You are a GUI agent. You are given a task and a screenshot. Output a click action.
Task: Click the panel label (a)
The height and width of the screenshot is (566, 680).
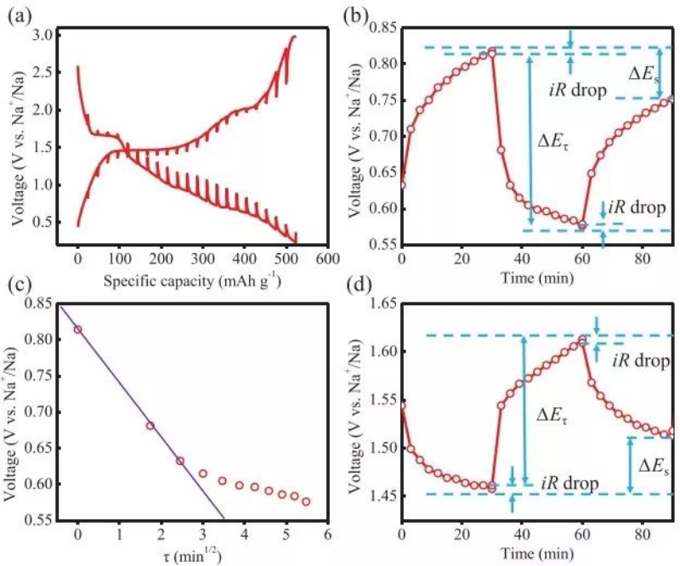click(20, 12)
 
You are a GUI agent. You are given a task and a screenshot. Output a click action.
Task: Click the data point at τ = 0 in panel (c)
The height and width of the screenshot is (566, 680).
click(78, 329)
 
